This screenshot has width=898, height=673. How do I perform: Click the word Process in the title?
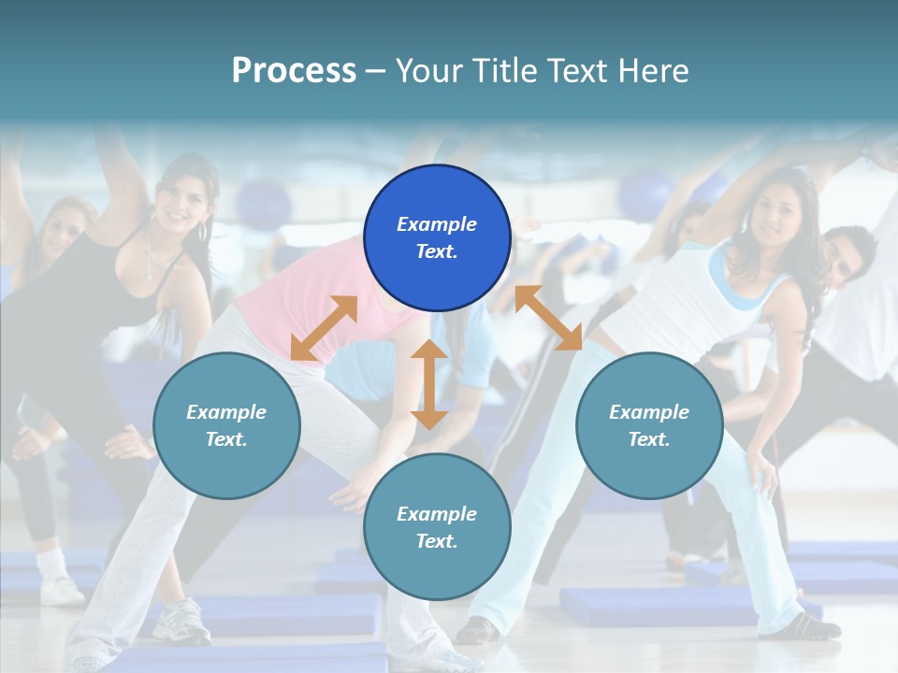point(294,71)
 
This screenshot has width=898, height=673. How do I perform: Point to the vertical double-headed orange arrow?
point(429,384)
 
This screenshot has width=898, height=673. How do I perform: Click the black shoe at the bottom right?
point(804,627)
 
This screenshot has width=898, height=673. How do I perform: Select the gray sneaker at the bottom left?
point(181,622)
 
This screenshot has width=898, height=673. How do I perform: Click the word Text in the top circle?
point(436,252)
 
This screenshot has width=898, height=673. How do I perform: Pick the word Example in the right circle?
point(648,412)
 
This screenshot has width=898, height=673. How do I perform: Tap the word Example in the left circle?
point(225,412)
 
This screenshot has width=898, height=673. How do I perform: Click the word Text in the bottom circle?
point(436,541)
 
